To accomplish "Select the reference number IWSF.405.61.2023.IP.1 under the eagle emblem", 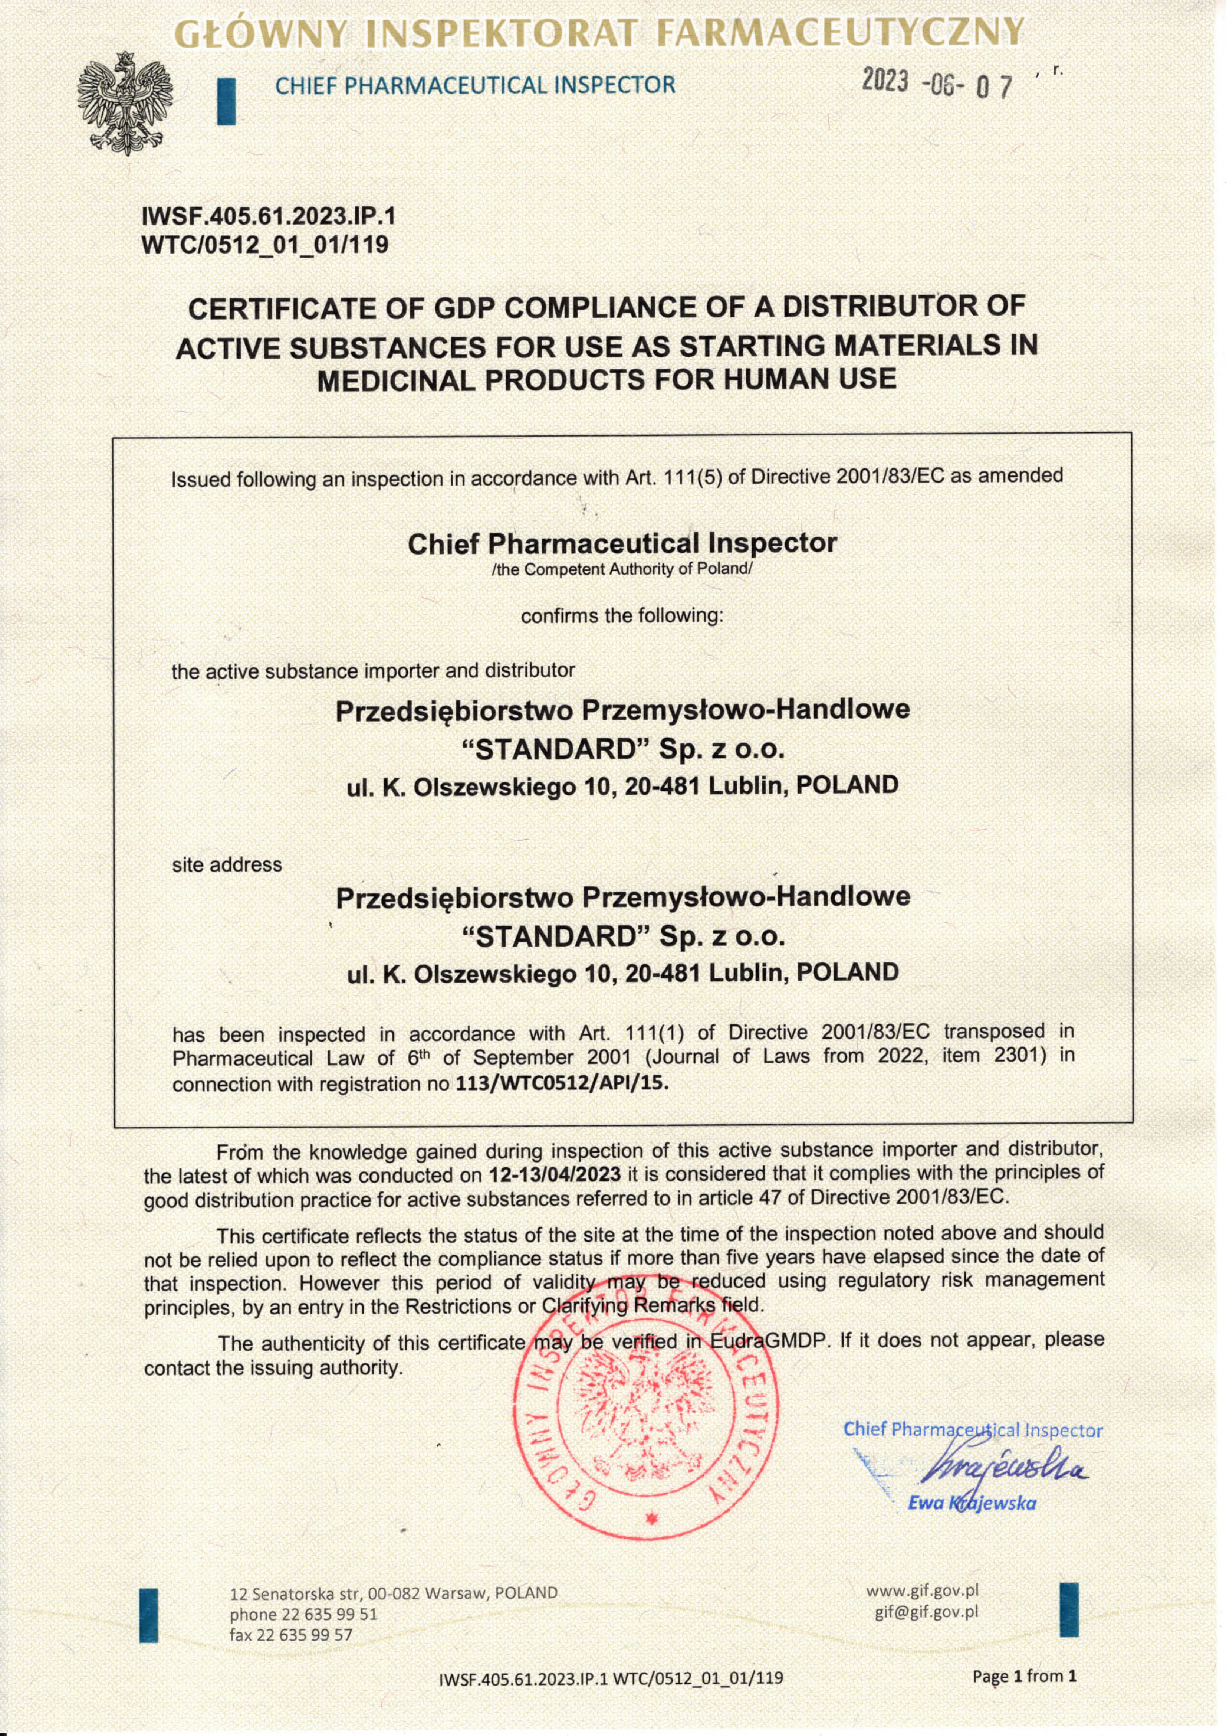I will click(268, 217).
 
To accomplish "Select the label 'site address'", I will click(227, 864).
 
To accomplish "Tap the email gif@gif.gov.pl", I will click(926, 1611).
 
